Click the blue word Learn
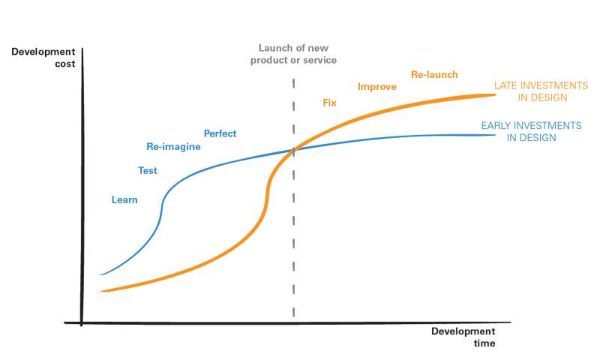click(124, 199)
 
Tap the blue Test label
click(148, 171)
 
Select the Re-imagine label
click(173, 147)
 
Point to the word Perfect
click(220, 133)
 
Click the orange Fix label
click(329, 103)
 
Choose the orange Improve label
click(377, 87)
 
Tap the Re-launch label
click(434, 74)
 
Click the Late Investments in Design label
click(541, 91)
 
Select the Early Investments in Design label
click(532, 131)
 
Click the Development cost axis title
click(43, 58)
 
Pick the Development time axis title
click(463, 337)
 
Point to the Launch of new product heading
click(293, 54)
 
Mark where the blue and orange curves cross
click(293, 150)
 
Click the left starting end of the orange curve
click(102, 291)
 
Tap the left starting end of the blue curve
click(100, 274)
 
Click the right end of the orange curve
click(495, 95)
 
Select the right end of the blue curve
click(495, 135)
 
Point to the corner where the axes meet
click(82, 323)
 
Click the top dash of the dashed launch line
click(293, 83)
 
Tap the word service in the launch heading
click(320, 60)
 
